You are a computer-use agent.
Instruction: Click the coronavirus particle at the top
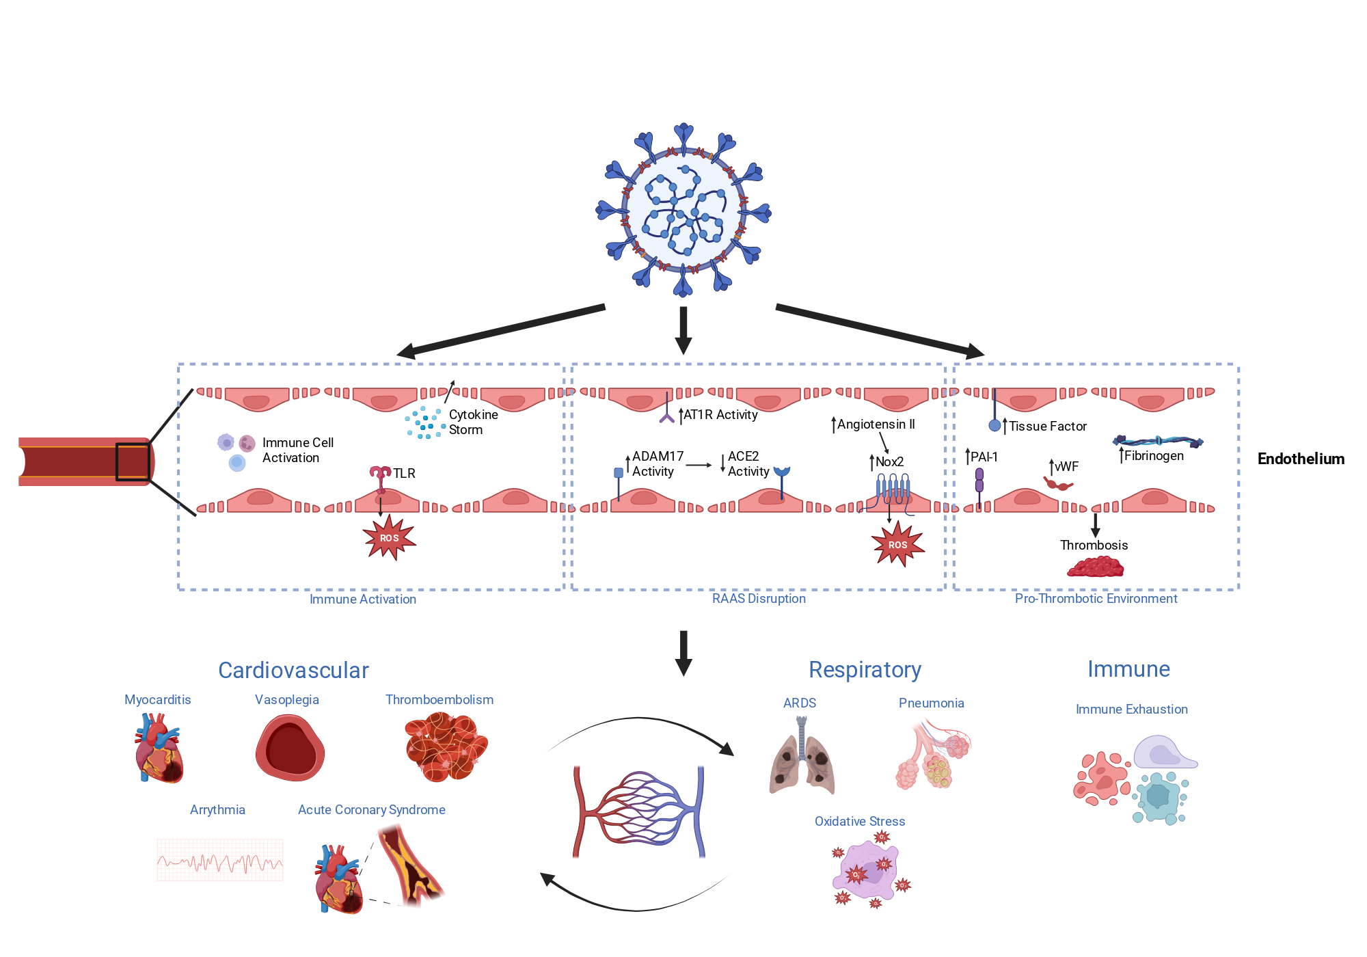(683, 211)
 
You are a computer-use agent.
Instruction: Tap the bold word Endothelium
(1301, 459)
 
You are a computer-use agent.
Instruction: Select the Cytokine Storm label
(473, 422)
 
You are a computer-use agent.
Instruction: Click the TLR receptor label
(404, 473)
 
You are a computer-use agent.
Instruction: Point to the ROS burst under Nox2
(898, 544)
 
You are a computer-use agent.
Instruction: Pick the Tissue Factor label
(1048, 426)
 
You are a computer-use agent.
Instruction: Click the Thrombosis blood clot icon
(1096, 567)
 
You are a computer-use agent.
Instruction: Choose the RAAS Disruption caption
(759, 598)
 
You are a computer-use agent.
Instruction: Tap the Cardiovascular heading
(293, 670)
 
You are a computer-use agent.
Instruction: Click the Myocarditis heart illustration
(159, 748)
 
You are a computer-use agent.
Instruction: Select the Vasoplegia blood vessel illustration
(290, 748)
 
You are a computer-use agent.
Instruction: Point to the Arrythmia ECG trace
(220, 860)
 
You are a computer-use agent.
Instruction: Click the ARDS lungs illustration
(802, 755)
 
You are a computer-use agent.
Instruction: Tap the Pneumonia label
(931, 703)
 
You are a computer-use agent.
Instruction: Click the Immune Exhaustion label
(1131, 709)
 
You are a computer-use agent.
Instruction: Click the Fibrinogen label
(1154, 455)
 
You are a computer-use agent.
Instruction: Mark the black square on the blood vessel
(133, 462)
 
